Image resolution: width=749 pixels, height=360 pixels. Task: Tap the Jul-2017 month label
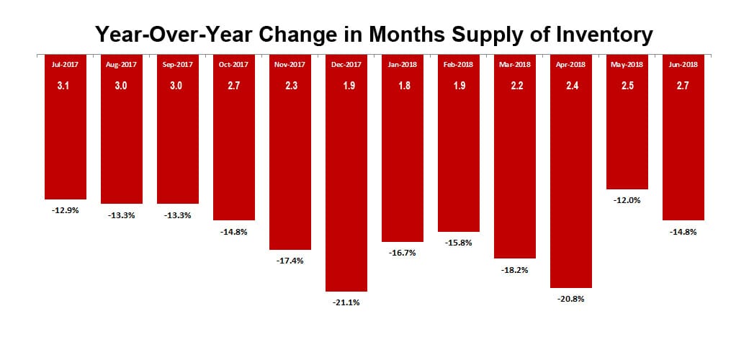click(x=66, y=64)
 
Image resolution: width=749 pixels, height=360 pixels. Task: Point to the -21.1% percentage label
click(x=346, y=302)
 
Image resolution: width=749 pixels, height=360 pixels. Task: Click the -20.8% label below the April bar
click(x=571, y=299)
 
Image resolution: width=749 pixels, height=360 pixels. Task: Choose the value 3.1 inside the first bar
click(x=66, y=86)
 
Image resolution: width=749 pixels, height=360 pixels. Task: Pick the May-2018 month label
click(x=627, y=64)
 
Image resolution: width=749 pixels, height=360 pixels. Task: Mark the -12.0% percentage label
click(x=627, y=200)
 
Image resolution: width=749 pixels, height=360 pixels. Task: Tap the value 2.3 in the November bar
click(x=290, y=86)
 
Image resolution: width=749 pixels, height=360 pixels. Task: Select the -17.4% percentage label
click(x=290, y=261)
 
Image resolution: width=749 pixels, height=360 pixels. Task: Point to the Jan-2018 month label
click(x=403, y=64)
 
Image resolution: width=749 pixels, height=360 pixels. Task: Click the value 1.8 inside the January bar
click(x=403, y=86)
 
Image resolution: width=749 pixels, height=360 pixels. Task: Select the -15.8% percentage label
click(x=459, y=243)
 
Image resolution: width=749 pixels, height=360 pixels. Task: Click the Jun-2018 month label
click(x=683, y=64)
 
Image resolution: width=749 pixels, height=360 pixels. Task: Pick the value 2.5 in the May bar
click(x=627, y=86)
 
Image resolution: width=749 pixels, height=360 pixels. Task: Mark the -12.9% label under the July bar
click(x=66, y=210)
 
